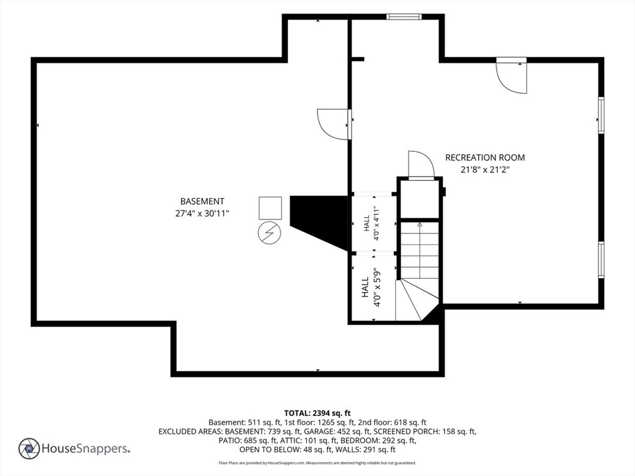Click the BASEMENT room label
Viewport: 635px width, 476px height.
click(202, 201)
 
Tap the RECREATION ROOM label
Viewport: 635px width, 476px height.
click(485, 157)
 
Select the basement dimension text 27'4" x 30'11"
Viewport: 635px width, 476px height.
click(202, 213)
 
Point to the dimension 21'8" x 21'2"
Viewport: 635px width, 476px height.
click(485, 170)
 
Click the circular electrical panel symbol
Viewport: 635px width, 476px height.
click(269, 233)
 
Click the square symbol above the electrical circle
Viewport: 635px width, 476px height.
click(270, 208)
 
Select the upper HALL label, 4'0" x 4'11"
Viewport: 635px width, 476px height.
click(372, 223)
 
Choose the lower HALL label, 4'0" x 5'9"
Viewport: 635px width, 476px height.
click(371, 287)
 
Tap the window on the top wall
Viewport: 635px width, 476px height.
click(404, 17)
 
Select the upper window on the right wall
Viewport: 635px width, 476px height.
click(601, 115)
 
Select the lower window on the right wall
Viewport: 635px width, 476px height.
click(601, 260)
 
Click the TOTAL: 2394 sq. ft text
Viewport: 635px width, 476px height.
click(317, 413)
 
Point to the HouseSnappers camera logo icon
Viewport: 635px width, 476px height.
click(29, 449)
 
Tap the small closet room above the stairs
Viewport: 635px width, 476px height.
click(420, 199)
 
